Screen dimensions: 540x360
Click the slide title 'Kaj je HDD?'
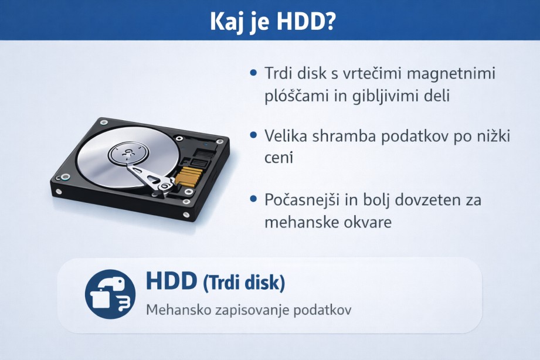pos(273,21)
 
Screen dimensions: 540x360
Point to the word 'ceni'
pos(279,158)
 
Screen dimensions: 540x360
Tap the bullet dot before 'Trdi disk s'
pos(253,73)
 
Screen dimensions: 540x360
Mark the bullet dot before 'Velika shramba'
pos(253,135)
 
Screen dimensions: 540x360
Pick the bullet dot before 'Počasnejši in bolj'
pos(253,199)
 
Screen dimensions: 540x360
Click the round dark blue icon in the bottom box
pos(110,294)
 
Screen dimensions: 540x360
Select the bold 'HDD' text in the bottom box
pos(171,281)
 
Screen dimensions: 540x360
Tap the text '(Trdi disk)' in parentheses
pos(244,283)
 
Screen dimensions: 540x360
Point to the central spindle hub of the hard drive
pos(128,153)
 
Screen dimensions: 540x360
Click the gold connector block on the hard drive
pos(188,176)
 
